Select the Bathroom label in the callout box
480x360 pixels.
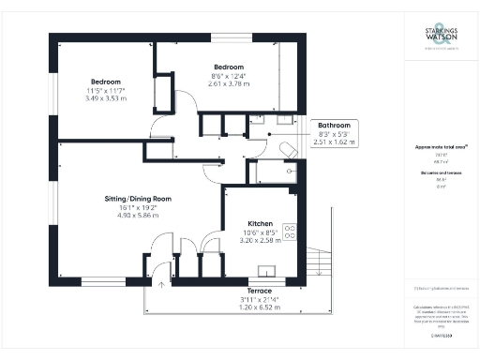[334, 125]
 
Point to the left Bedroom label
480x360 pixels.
[104, 80]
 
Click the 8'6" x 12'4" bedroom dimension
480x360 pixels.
[229, 75]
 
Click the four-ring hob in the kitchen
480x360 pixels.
[291, 232]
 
